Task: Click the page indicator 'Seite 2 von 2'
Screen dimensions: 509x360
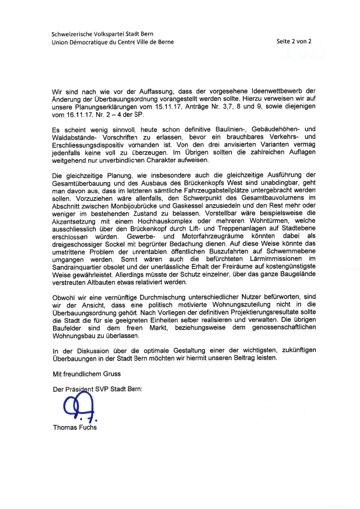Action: [294, 41]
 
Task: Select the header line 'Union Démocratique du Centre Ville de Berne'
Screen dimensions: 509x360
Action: [112, 42]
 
